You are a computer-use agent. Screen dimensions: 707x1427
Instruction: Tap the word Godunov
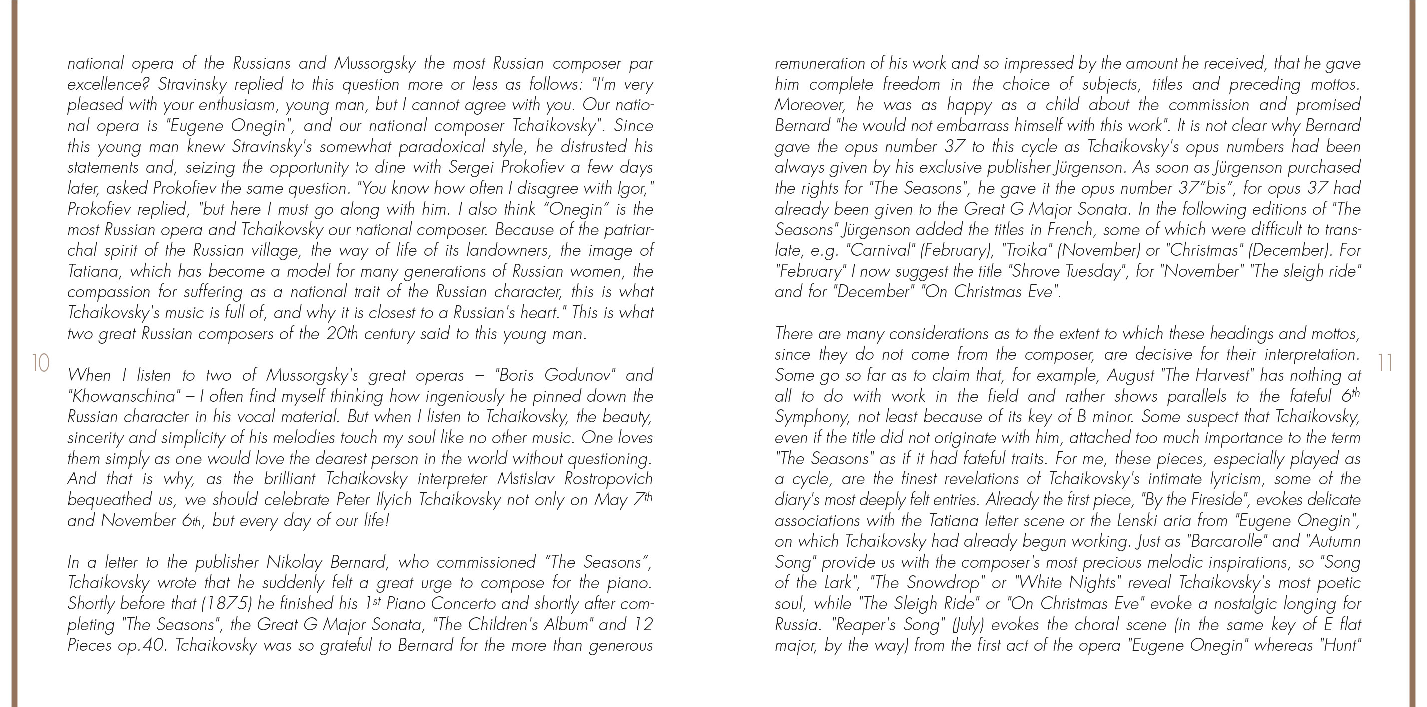point(578,375)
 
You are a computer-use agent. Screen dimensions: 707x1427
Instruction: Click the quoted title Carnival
point(881,251)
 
